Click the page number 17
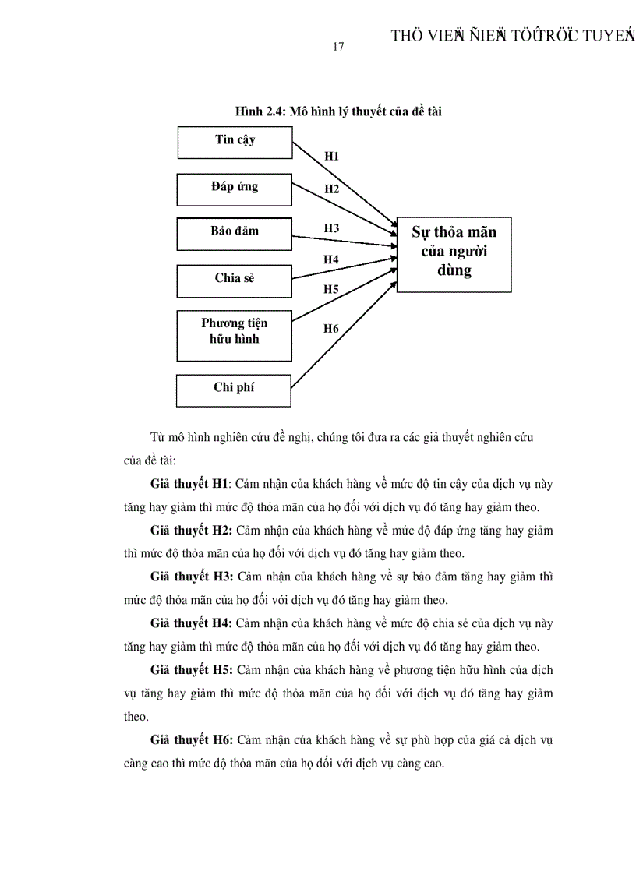[337, 47]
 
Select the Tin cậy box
[235, 143]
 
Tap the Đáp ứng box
[235, 189]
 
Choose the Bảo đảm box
[235, 233]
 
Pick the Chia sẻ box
[235, 278]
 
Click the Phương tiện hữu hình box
[235, 334]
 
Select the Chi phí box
[235, 390]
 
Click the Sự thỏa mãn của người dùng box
[454, 254]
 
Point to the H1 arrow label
[332, 157]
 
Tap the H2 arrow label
[332, 189]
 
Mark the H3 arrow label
[332, 228]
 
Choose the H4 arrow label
[332, 259]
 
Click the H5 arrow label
[332, 290]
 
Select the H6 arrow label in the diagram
[332, 329]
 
